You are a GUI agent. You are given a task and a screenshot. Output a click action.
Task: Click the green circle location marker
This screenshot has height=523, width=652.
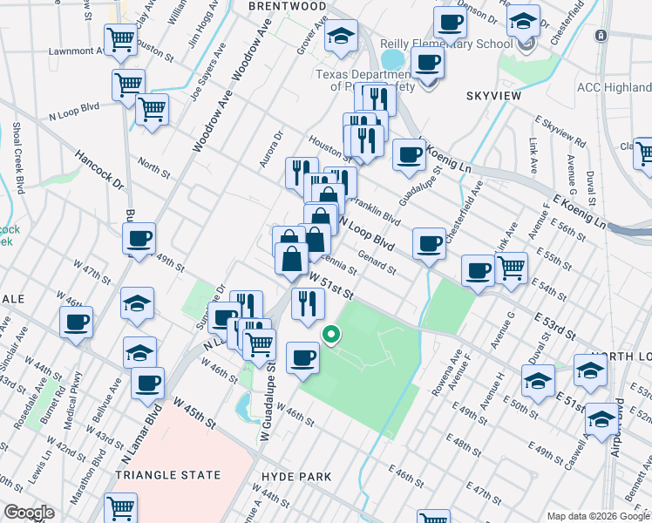pyautogui.click(x=331, y=334)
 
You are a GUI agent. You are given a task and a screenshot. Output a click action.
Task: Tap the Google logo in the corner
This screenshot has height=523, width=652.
pyautogui.click(x=29, y=513)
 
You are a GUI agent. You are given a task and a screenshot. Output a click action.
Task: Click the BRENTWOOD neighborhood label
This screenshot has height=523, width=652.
pyautogui.click(x=262, y=5)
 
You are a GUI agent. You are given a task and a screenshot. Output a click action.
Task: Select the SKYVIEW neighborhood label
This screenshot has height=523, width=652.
pyautogui.click(x=493, y=95)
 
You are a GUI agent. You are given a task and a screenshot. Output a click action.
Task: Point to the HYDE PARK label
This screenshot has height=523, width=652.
pyautogui.click(x=295, y=477)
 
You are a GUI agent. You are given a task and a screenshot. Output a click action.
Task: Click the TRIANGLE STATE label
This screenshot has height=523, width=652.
pyautogui.click(x=166, y=476)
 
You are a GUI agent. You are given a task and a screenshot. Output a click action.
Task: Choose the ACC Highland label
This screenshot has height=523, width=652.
pyautogui.click(x=614, y=87)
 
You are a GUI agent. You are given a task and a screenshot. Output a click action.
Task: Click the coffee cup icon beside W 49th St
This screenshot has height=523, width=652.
pyautogui.click(x=139, y=240)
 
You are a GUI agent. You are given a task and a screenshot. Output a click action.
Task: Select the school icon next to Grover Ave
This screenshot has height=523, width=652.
pyautogui.click(x=342, y=36)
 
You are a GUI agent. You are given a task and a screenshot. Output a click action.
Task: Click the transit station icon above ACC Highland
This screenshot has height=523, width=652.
pyautogui.click(x=600, y=36)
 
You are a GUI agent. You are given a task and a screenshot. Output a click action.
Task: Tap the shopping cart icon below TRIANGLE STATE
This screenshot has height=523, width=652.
pyautogui.click(x=120, y=507)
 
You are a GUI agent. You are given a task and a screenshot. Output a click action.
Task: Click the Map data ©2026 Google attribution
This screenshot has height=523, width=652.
pyautogui.click(x=598, y=516)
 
